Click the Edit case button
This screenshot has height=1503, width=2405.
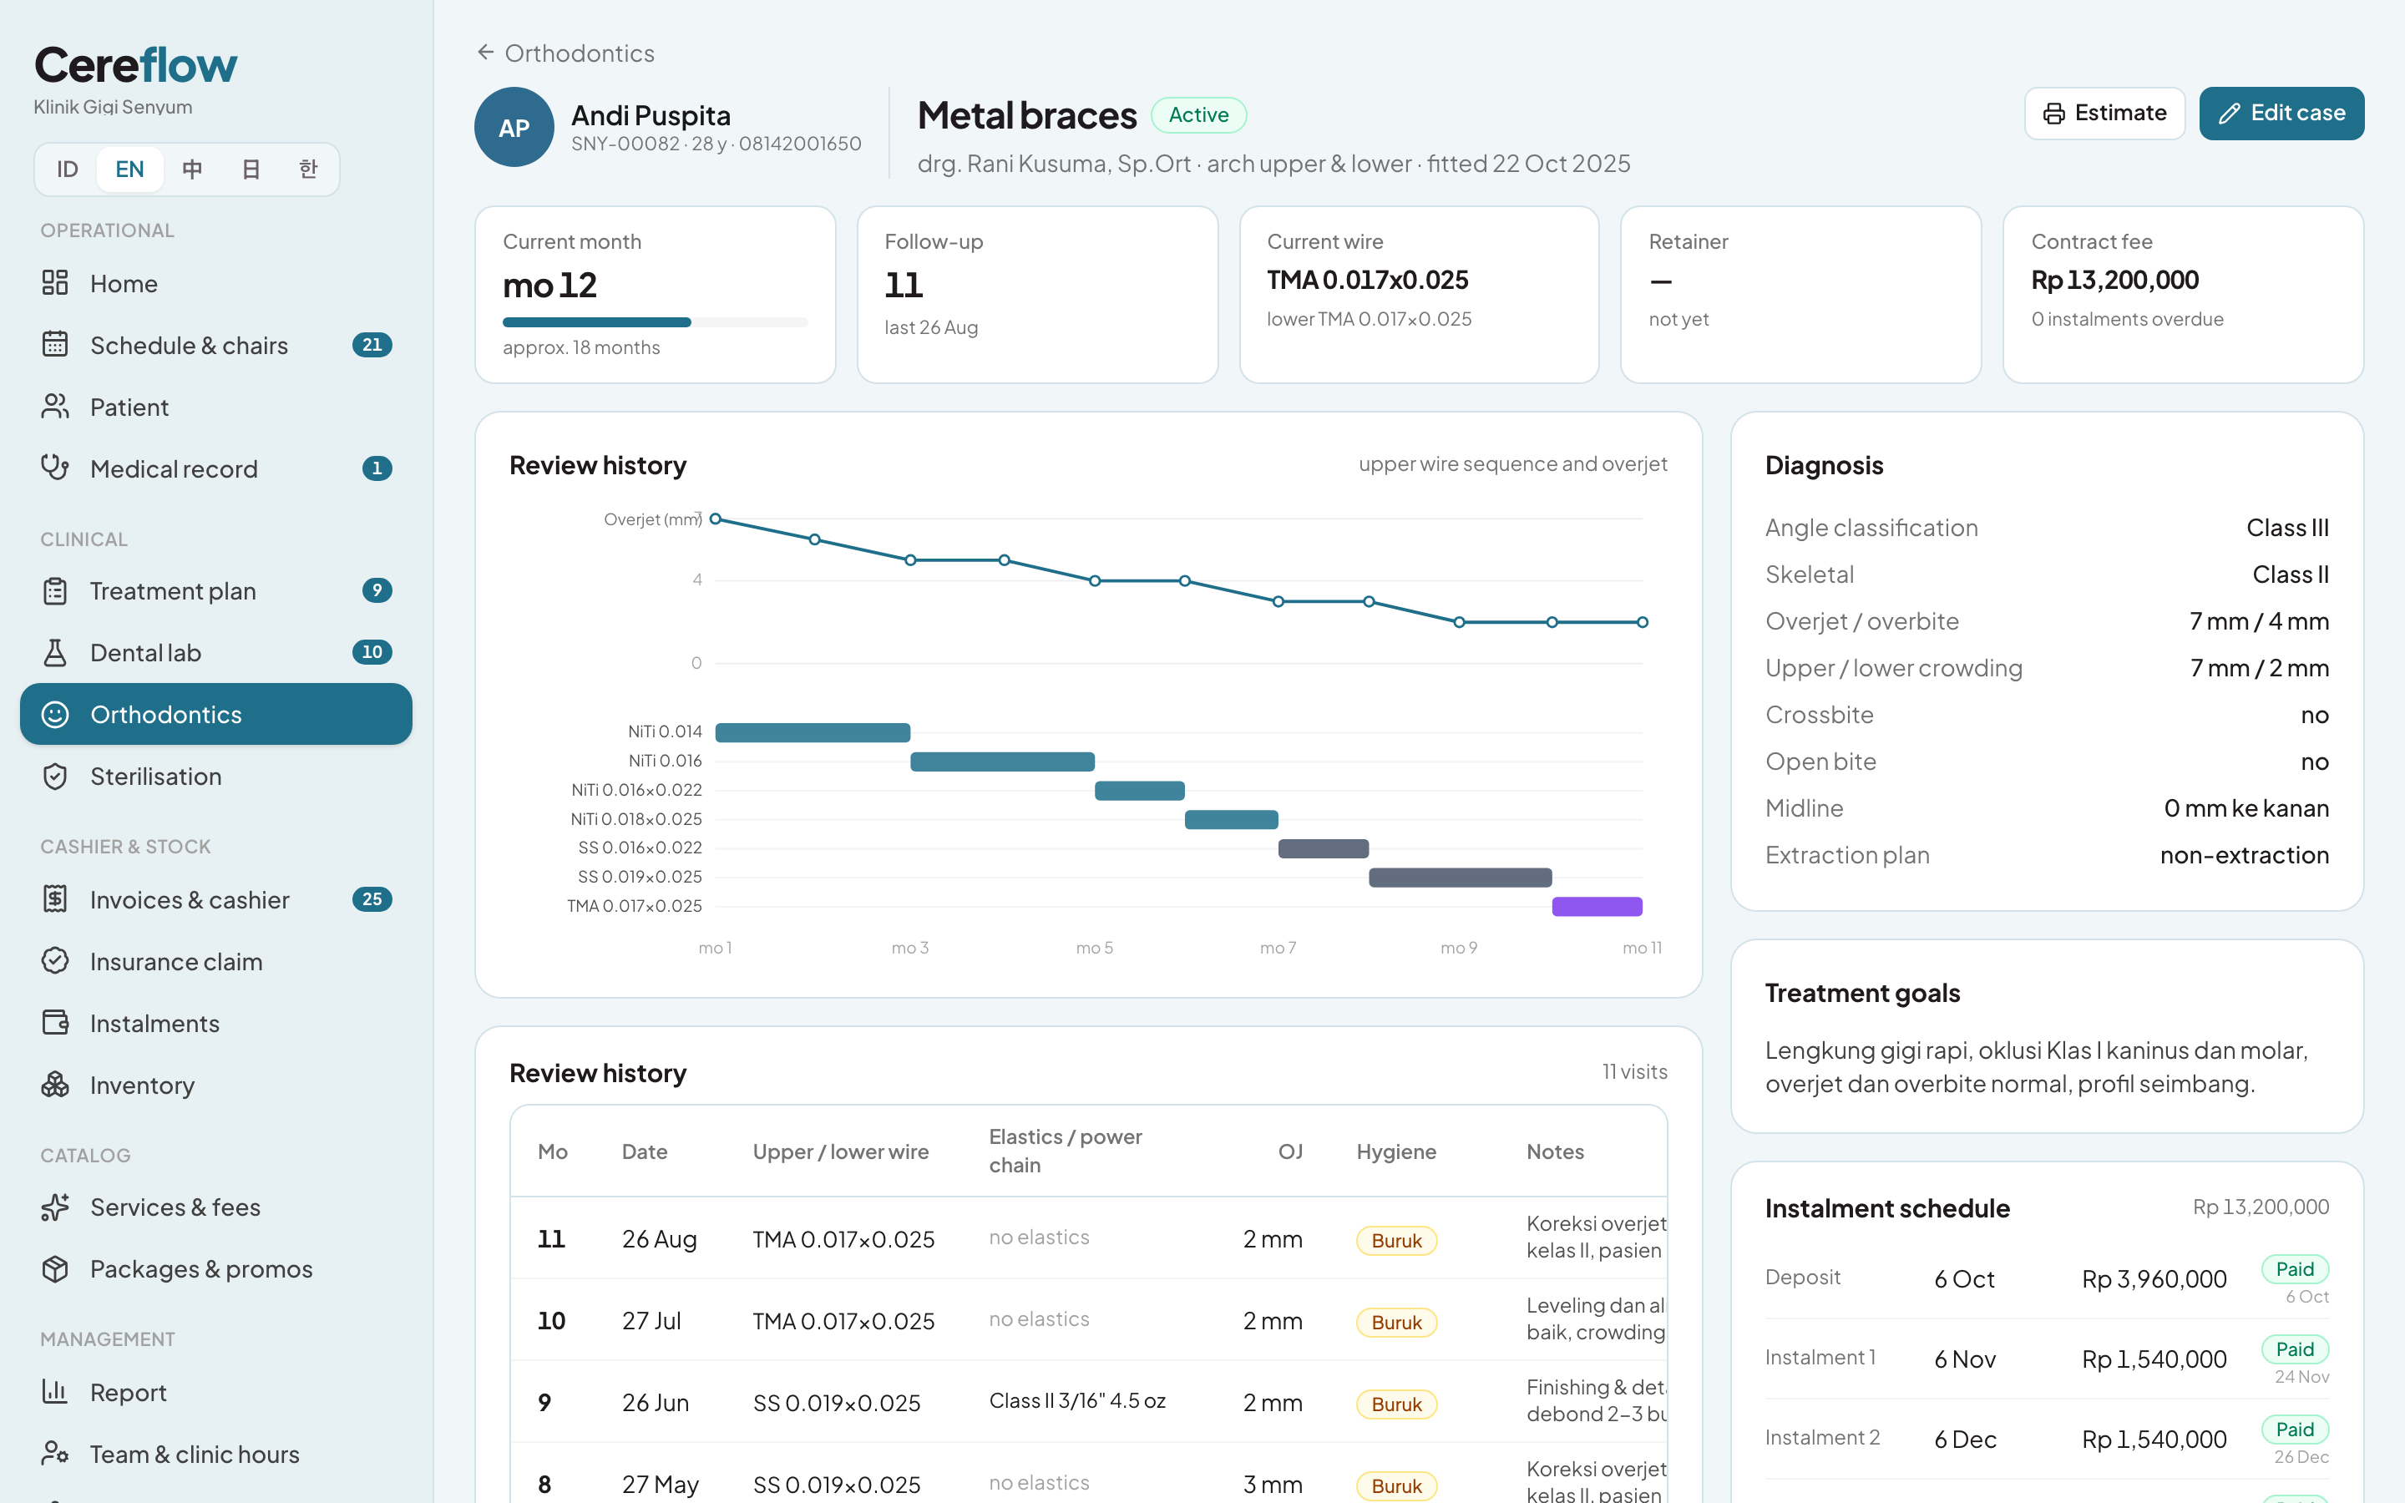pyautogui.click(x=2281, y=114)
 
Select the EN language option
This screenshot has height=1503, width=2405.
pyautogui.click(x=129, y=169)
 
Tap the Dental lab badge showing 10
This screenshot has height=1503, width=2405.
pyautogui.click(x=372, y=652)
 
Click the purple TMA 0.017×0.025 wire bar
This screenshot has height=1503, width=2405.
pyautogui.click(x=1597, y=907)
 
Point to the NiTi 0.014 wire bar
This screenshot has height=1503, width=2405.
pyautogui.click(x=812, y=732)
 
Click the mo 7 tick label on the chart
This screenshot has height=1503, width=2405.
pyautogui.click(x=1278, y=949)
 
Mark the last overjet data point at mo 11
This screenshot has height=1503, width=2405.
pyautogui.click(x=1643, y=622)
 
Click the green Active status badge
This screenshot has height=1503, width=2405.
pyautogui.click(x=1198, y=115)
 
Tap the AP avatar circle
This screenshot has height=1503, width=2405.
pyautogui.click(x=514, y=127)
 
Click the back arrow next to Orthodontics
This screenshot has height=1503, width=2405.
pyautogui.click(x=485, y=52)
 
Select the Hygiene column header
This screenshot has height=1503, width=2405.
pyautogui.click(x=1396, y=1151)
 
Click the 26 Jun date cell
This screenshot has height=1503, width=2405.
pyautogui.click(x=655, y=1403)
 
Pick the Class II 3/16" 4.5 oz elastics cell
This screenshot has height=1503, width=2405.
pyautogui.click(x=1077, y=1400)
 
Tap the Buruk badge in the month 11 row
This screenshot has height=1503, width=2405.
pyautogui.click(x=1396, y=1241)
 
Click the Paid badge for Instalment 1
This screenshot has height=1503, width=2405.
pyautogui.click(x=2295, y=1349)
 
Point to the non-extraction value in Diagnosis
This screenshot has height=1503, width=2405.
pyautogui.click(x=2244, y=855)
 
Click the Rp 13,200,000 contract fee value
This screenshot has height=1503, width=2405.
pyautogui.click(x=2114, y=281)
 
